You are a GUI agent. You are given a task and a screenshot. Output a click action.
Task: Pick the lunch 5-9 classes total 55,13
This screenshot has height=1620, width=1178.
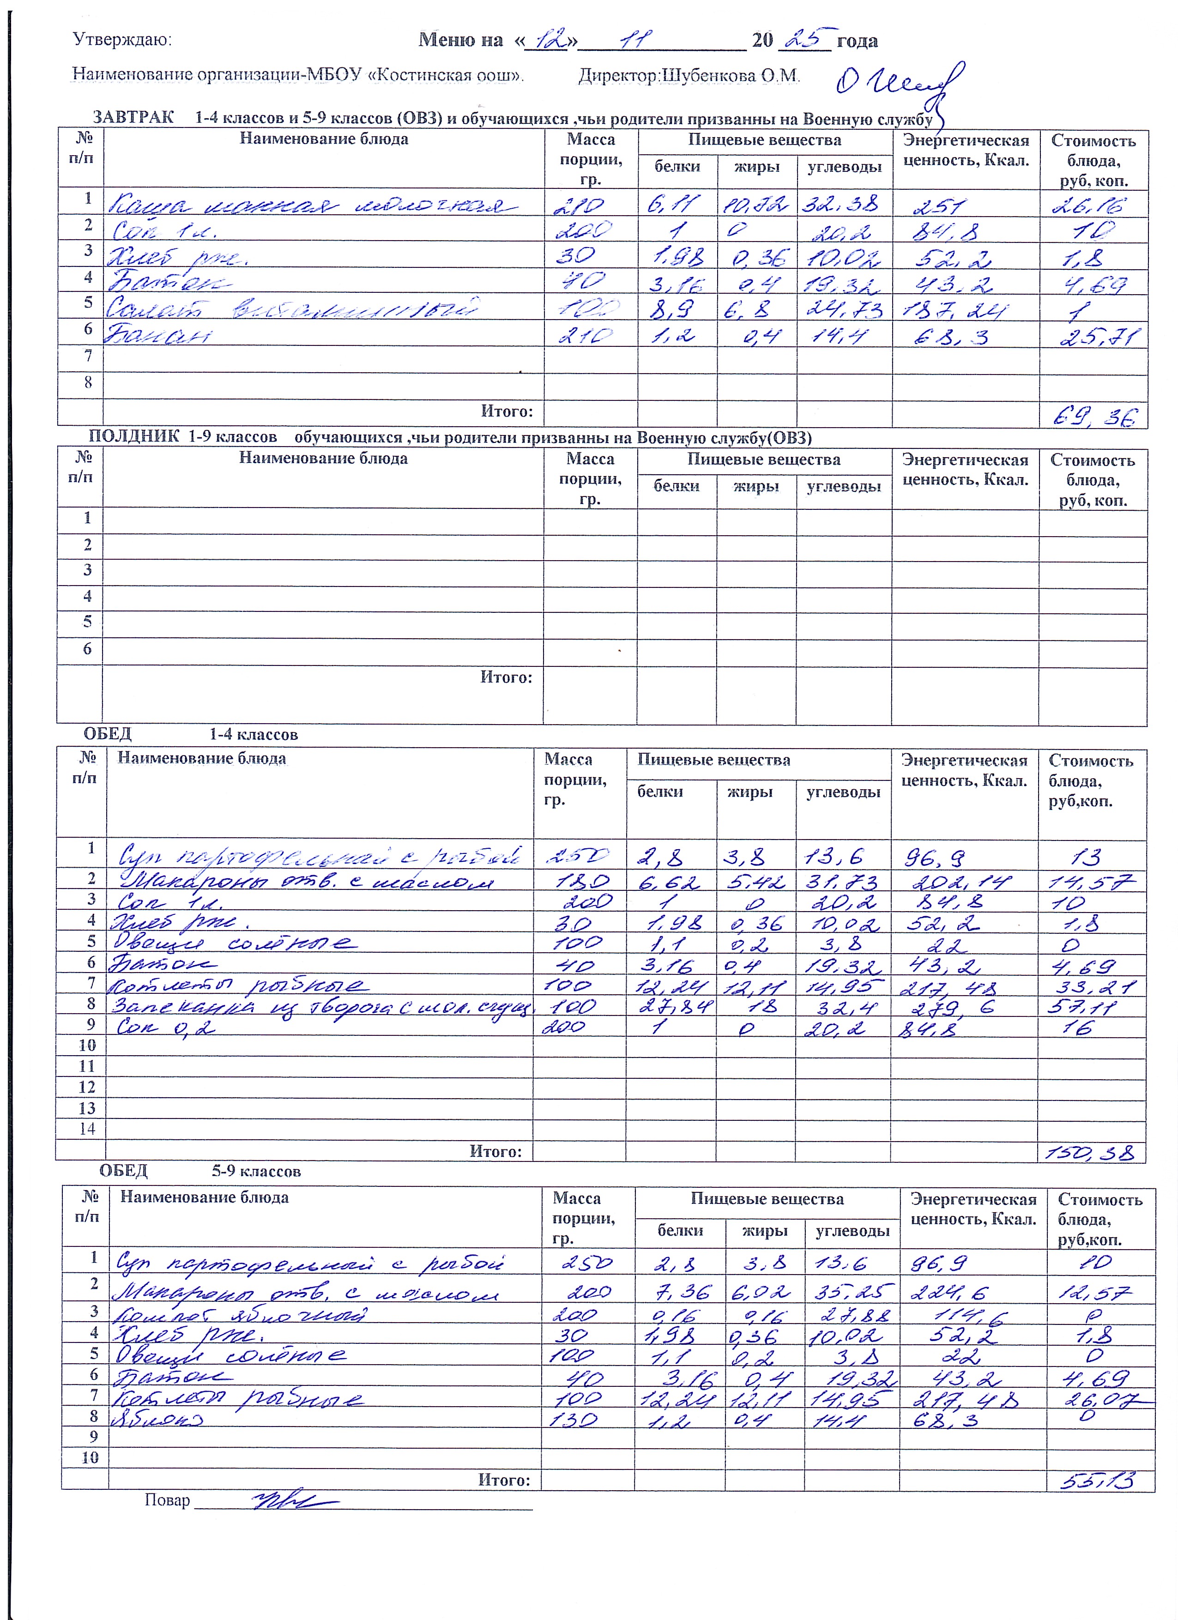pyautogui.click(x=1099, y=1479)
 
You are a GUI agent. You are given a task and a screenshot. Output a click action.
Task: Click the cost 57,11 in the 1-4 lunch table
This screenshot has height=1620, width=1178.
pyautogui.click(x=1089, y=1007)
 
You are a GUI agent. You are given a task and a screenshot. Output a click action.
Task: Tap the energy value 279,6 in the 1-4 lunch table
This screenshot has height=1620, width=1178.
pyautogui.click(x=948, y=1007)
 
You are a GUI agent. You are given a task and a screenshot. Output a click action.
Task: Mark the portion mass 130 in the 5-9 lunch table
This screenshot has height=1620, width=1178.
pyautogui.click(x=573, y=1420)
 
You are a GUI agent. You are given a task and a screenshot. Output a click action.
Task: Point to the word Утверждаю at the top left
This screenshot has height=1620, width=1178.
pyautogui.click(x=121, y=40)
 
